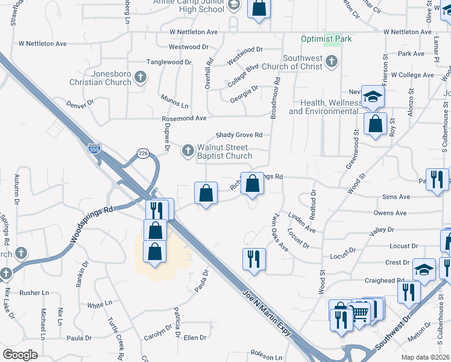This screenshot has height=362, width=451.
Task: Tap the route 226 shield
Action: click(x=143, y=154)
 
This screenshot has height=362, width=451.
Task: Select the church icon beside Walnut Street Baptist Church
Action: click(x=188, y=150)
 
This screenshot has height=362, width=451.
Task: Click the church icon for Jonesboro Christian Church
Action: click(x=140, y=77)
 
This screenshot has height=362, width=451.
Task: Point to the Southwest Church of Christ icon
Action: click(x=332, y=61)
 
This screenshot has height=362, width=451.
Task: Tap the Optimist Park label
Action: click(x=326, y=39)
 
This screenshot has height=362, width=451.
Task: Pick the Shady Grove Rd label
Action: click(x=240, y=135)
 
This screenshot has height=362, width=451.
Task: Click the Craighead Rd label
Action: click(x=383, y=281)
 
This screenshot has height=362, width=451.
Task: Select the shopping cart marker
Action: click(x=360, y=312)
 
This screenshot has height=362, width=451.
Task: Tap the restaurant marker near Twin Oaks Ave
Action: click(x=254, y=259)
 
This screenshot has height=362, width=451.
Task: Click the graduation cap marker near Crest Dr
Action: click(x=424, y=269)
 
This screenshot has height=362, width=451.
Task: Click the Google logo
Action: click(x=20, y=354)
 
